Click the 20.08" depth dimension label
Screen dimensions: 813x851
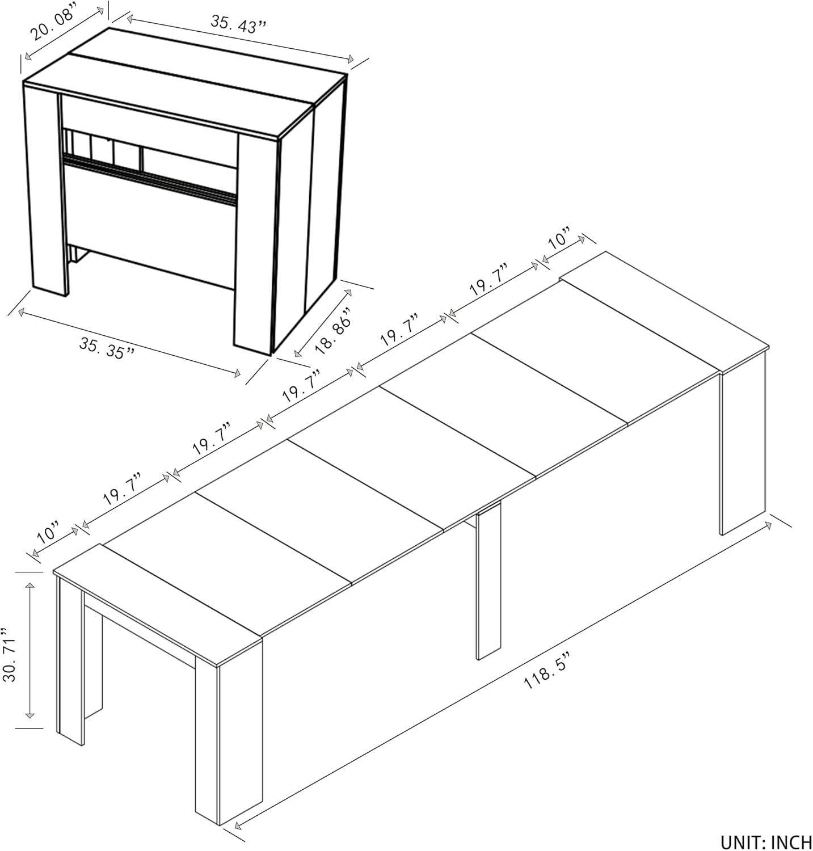pos(53,24)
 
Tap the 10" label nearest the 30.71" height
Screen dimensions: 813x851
pos(48,533)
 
